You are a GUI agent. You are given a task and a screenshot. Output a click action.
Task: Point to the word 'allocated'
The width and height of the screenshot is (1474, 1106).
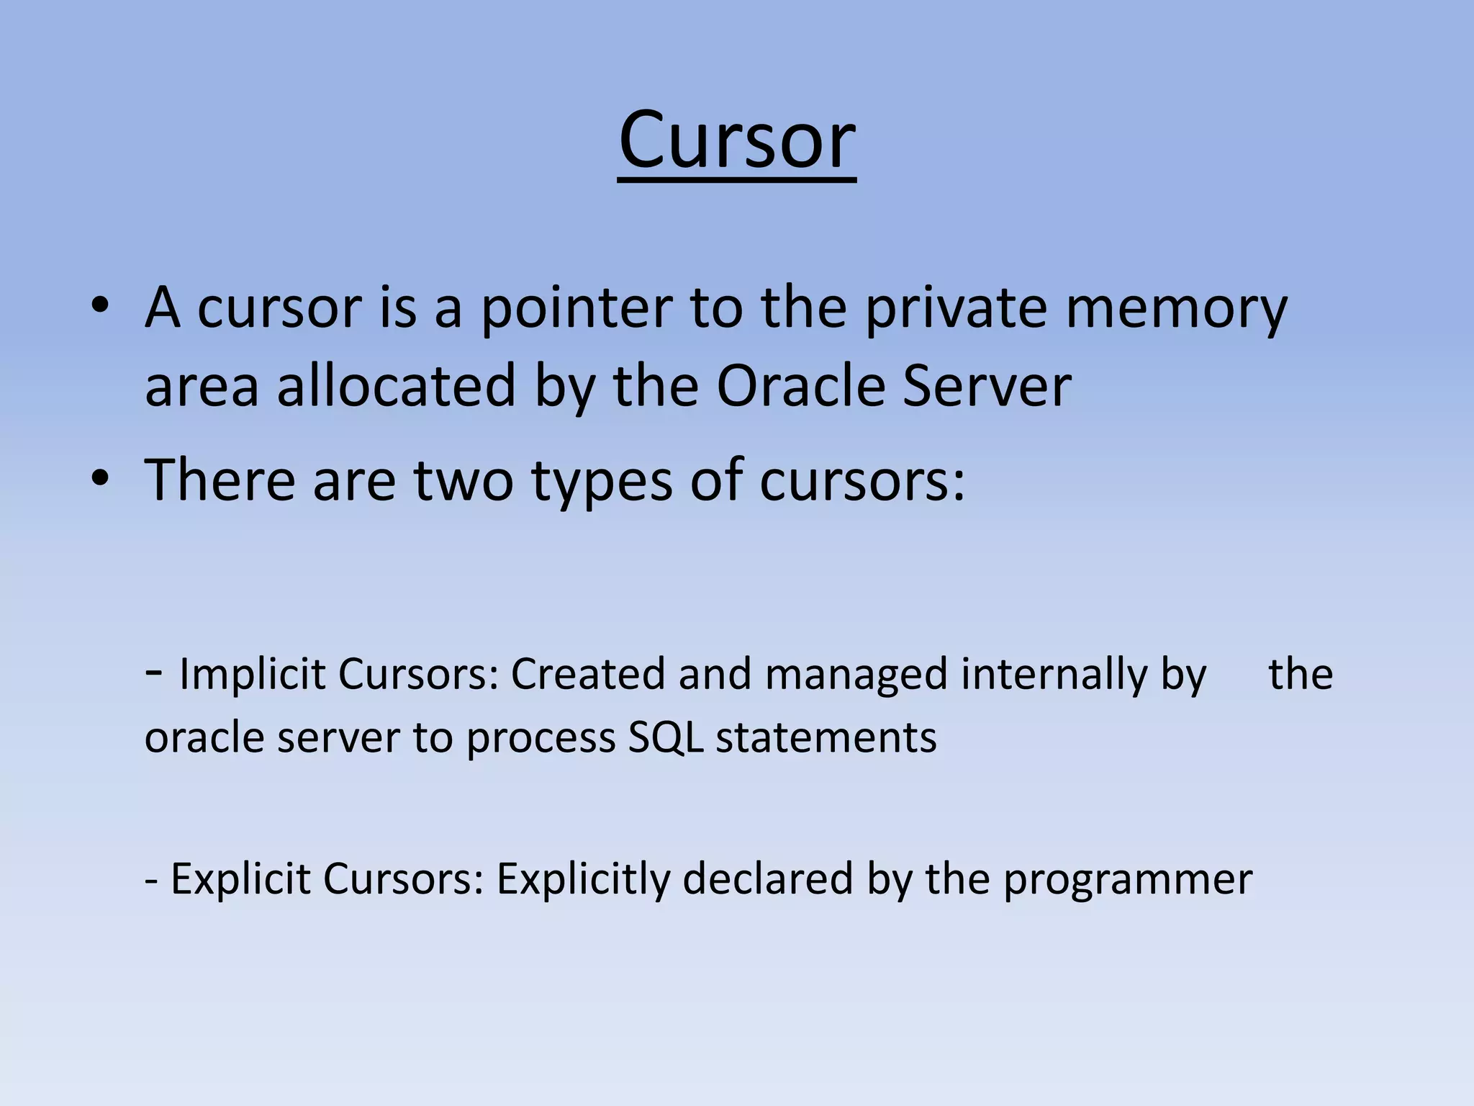[397, 386]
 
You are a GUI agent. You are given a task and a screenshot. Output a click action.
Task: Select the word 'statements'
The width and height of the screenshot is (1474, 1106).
[826, 739]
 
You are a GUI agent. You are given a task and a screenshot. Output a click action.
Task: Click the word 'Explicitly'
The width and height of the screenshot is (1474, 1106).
[582, 880]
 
